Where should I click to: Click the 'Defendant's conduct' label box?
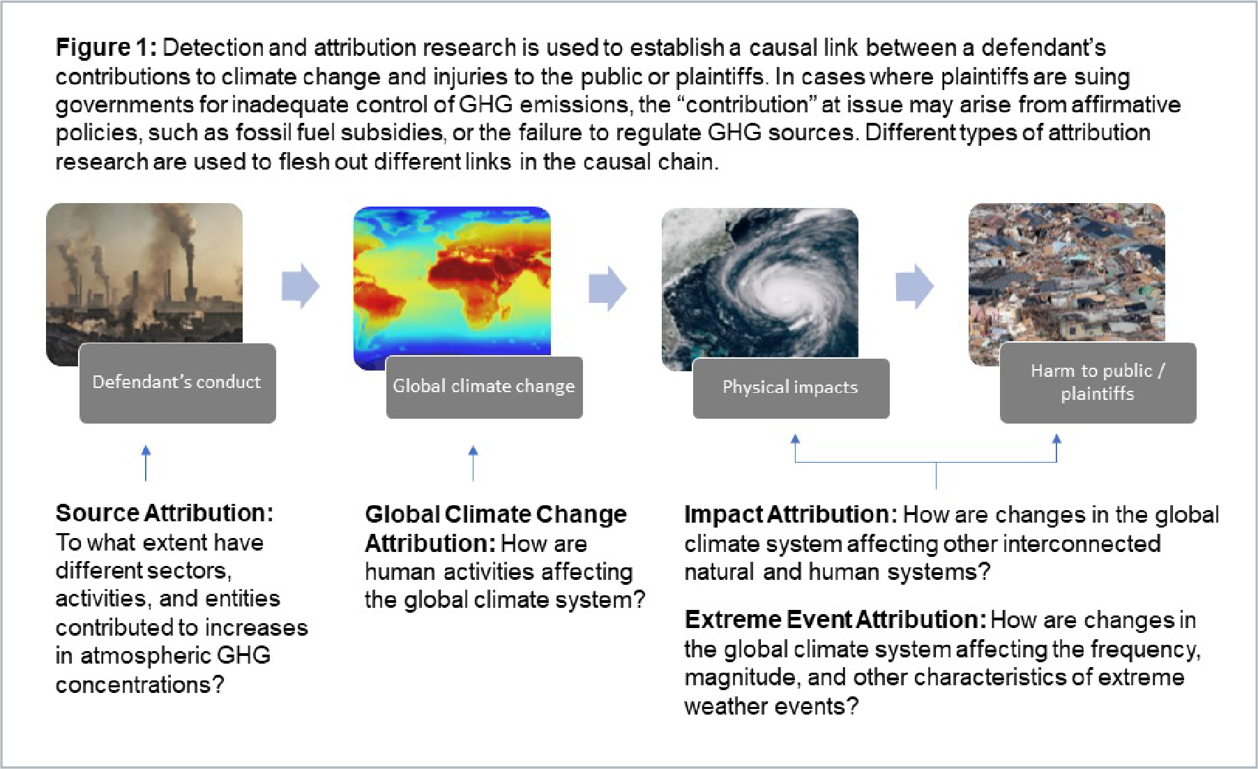click(177, 383)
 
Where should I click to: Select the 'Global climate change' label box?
click(484, 387)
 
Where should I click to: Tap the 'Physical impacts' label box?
click(791, 389)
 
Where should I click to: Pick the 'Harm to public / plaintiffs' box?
click(1098, 383)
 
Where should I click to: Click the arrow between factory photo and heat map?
click(301, 285)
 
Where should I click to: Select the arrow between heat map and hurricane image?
click(607, 288)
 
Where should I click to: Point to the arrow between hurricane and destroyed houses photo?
click(914, 286)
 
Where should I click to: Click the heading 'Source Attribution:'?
click(165, 513)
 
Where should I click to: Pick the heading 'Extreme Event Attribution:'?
click(835, 620)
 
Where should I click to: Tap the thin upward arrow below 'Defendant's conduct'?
click(146, 462)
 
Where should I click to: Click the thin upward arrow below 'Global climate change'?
click(473, 462)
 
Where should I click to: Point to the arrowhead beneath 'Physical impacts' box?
click(795, 440)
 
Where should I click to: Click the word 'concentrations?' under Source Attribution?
click(139, 685)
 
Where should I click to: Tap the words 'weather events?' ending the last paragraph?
click(771, 706)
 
